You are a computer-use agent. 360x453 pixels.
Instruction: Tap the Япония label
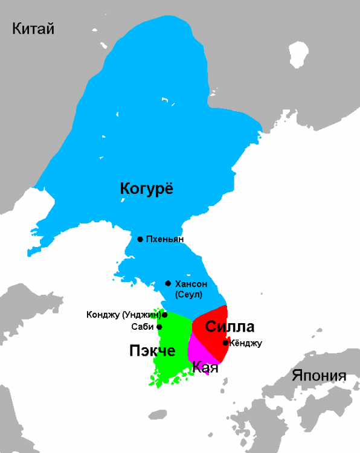(319, 375)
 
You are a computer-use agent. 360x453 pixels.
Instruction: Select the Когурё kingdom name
(147, 189)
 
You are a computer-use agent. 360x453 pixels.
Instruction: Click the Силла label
(230, 327)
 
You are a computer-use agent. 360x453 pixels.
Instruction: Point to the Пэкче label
(152, 351)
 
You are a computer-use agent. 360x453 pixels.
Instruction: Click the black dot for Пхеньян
(140, 239)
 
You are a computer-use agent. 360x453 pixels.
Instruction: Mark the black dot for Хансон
(168, 283)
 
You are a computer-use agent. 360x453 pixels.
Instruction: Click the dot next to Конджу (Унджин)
(164, 315)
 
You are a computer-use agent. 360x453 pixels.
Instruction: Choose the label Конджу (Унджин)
(123, 315)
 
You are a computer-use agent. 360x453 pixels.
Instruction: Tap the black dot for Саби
(159, 327)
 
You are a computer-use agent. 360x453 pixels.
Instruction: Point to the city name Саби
(143, 327)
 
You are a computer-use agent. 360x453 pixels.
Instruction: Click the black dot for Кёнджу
(225, 343)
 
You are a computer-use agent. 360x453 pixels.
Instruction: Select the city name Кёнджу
(246, 343)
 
